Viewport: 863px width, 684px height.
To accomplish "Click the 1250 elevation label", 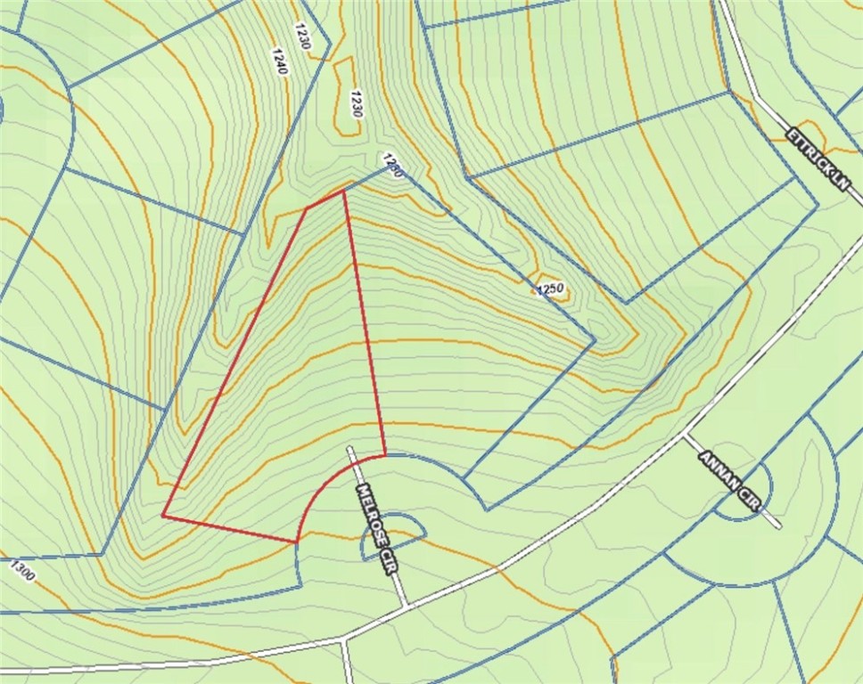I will (x=551, y=288).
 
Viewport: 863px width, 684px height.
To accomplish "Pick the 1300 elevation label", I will (x=22, y=571).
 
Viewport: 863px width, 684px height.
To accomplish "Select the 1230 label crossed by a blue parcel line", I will (x=392, y=166).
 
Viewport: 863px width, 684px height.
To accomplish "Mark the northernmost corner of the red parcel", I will (x=344, y=190).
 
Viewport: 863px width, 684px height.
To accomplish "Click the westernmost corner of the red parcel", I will (x=162, y=516).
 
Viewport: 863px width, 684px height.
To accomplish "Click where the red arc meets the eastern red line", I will (x=385, y=455).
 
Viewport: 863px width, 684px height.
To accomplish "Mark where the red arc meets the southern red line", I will (x=297, y=541).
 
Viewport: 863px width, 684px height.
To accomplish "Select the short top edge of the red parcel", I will (x=325, y=199).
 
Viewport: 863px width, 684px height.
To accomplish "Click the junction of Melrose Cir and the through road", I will (x=408, y=607).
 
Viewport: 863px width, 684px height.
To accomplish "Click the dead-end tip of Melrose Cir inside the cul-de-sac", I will (x=350, y=448).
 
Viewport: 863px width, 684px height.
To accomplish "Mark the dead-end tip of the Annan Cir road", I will (x=779, y=527).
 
